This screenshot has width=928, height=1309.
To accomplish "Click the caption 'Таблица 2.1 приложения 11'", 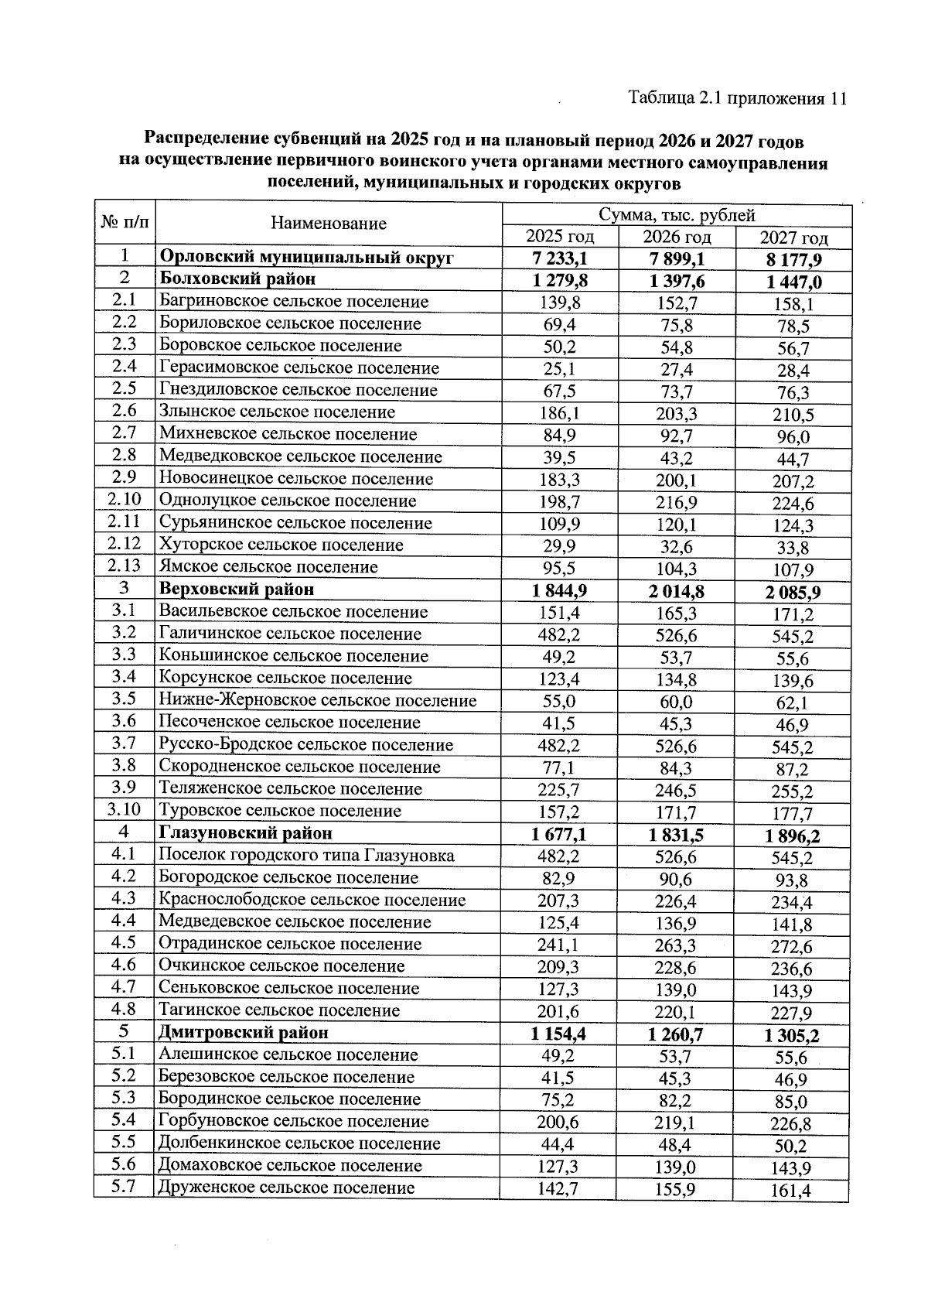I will tap(738, 98).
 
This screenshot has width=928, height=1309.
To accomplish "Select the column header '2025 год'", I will tap(560, 237).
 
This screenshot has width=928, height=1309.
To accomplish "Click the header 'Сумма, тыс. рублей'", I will tap(677, 215).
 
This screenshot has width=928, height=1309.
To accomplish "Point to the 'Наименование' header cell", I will tap(329, 224).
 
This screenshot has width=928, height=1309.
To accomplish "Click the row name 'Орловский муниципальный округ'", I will tap(306, 258).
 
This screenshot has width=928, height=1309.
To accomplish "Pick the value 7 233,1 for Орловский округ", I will tap(559, 258).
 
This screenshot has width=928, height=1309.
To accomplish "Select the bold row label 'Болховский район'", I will tap(237, 279).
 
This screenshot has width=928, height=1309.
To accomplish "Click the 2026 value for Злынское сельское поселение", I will tap(676, 413).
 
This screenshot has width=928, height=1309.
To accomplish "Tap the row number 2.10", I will tap(125, 500).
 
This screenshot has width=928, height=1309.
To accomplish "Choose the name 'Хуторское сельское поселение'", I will tap(281, 545).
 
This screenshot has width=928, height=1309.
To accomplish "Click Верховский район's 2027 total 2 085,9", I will tap(793, 593).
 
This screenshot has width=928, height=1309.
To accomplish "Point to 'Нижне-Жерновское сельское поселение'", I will tap(317, 700).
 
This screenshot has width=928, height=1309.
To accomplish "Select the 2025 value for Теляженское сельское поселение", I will tap(559, 790).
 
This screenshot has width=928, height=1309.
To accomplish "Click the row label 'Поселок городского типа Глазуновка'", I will tap(306, 856).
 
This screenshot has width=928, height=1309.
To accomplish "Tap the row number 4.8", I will tap(124, 1009).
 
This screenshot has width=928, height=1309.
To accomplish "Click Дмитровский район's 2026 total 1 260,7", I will tap(676, 1034).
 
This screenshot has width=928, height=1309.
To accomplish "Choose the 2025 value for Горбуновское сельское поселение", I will tap(559, 1122).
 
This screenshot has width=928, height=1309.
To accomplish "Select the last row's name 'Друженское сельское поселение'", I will tap(286, 1188).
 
